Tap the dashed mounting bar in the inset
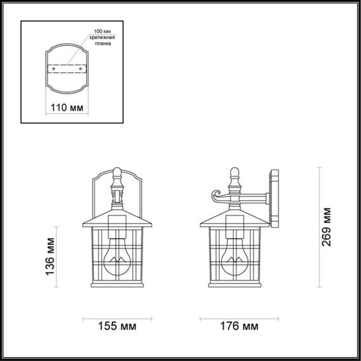pos(66,66)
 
